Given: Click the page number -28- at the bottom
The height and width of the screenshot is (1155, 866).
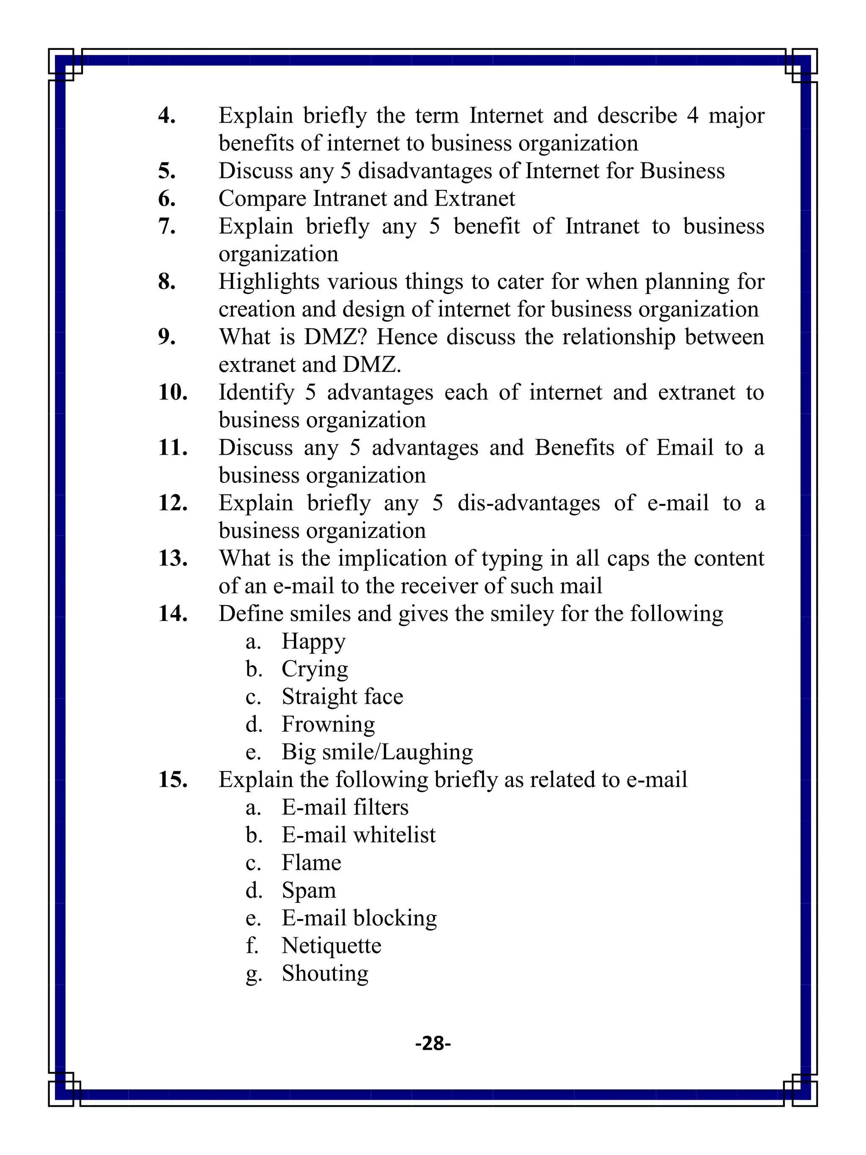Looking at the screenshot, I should (x=433, y=1043).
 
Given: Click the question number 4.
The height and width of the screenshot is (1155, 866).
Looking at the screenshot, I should (x=167, y=115).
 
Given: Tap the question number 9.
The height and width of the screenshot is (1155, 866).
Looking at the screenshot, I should (x=167, y=337).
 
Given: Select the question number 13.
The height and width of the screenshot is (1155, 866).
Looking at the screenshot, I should (x=173, y=558).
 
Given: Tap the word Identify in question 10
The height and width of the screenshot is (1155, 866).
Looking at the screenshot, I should (x=256, y=392).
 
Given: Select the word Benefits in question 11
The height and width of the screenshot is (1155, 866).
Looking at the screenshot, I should (x=574, y=447).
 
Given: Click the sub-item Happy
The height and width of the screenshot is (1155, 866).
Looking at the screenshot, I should (x=313, y=642).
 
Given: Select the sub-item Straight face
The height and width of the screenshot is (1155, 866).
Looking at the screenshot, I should (x=342, y=697).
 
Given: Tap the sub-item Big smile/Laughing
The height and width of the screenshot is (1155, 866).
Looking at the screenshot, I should (x=377, y=752).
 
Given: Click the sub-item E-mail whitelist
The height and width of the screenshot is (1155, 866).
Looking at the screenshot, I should (x=358, y=835).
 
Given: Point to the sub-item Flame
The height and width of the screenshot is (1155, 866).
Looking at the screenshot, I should (x=311, y=863).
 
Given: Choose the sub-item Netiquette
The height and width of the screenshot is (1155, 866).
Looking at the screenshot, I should (x=331, y=946).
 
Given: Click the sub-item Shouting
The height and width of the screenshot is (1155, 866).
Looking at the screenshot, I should (x=325, y=973).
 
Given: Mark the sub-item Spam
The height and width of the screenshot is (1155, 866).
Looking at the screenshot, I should (x=309, y=891).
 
